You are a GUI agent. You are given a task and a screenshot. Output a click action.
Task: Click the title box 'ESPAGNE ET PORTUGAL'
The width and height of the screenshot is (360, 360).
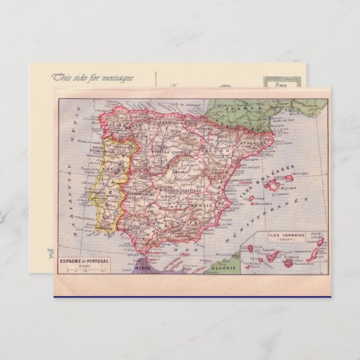(83, 261)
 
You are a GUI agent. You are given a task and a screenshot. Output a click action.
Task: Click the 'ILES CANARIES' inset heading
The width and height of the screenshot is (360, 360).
(286, 235)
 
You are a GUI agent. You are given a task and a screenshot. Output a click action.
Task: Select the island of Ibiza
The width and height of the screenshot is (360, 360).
(253, 200)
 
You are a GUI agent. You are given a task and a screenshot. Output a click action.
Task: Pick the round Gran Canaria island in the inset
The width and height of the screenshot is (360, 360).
(288, 263)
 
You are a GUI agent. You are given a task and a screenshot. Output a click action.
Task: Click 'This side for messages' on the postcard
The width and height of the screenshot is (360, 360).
(92, 77)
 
